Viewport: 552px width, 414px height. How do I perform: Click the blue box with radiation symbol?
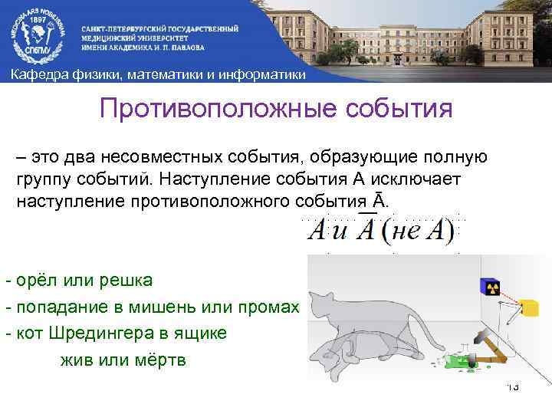tap(490, 287)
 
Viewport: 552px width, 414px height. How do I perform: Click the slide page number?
tap(512, 387)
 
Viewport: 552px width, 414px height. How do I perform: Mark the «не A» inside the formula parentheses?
tap(419, 230)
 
